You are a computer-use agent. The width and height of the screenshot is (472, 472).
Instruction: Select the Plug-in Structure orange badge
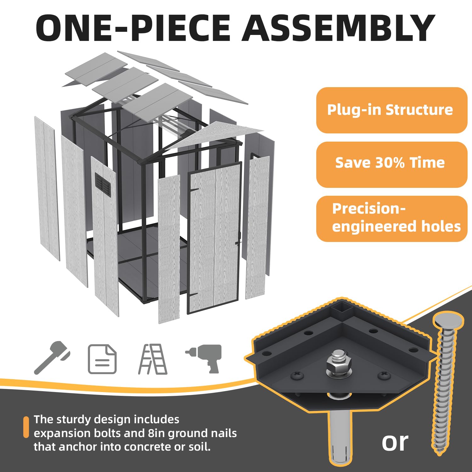click(392, 110)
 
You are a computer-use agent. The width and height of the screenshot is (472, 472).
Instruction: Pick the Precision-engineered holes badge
click(392, 219)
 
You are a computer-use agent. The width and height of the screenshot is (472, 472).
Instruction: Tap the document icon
click(102, 359)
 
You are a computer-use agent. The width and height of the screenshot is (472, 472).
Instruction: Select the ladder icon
click(153, 359)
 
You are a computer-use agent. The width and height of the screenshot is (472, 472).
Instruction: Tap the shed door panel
click(215, 238)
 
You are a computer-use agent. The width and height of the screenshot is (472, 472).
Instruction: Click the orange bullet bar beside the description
click(26, 427)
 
